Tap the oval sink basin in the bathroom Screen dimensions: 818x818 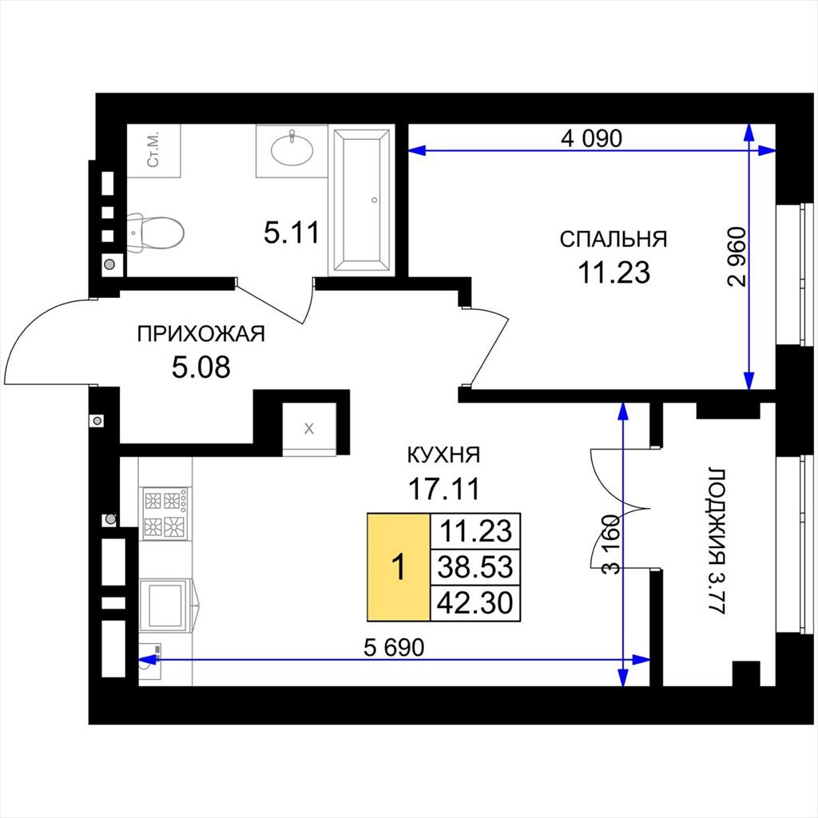292,149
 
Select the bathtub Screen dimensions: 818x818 362,201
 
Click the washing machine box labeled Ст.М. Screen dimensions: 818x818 154,151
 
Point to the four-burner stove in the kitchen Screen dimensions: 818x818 165,514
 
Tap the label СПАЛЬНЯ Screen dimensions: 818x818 613,239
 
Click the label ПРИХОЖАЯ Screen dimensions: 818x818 201,334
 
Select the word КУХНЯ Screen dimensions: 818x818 443,455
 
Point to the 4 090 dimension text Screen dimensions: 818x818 591,138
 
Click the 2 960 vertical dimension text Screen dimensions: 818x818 737,256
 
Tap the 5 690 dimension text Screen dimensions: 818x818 394,647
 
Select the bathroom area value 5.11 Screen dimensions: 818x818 291,232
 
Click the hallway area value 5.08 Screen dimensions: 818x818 201,367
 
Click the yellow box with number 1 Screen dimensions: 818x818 399,567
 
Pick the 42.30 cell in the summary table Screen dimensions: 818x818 475,603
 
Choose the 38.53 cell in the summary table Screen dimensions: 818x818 475,567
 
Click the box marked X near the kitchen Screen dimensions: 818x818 309,429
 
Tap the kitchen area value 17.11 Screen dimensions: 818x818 443,489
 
